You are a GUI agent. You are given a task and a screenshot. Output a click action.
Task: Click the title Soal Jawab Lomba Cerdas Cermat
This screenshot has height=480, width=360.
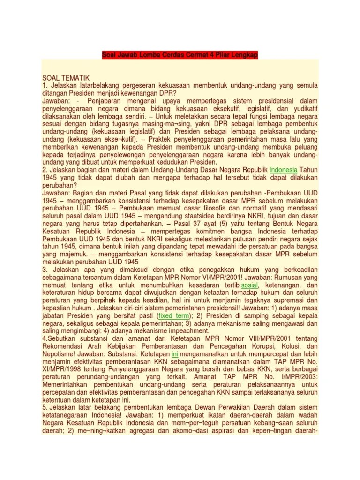click(x=180, y=56)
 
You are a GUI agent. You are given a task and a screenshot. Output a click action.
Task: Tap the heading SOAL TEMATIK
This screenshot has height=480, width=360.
click(x=65, y=77)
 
